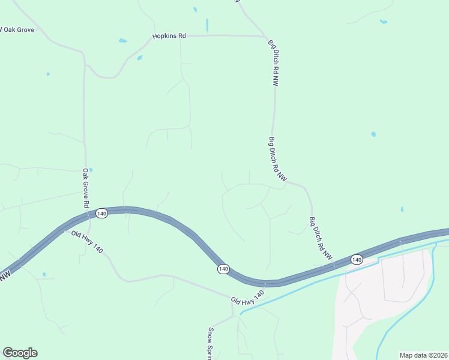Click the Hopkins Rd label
pos(169,36)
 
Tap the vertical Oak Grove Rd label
pos(86,188)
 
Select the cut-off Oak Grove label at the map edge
pos(18,29)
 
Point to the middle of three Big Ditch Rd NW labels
pos(278,160)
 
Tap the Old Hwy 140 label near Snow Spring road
pos(247,296)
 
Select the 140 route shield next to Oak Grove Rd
pos(101,214)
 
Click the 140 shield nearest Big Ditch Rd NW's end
pos(357,260)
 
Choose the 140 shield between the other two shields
pos(223,269)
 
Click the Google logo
pos(20,353)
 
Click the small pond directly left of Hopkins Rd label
pos(123,41)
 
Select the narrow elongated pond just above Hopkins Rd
pos(207,25)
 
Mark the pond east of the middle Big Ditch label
pos(373,134)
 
